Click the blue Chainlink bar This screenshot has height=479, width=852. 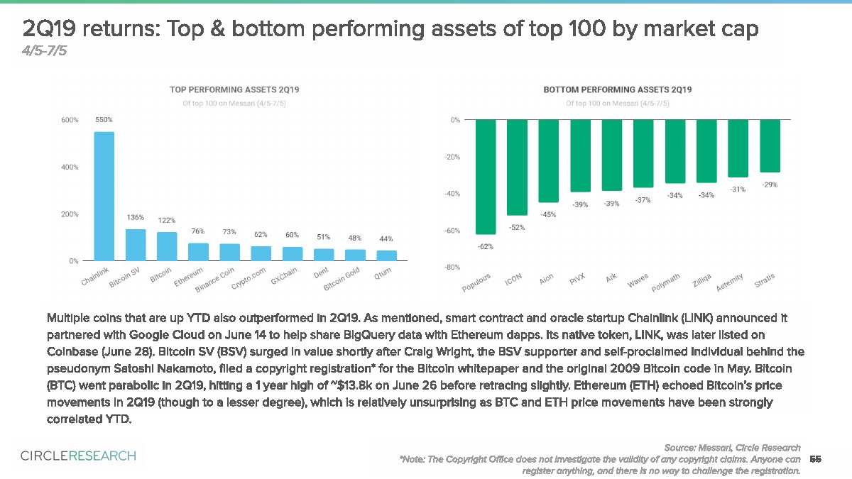coord(104,197)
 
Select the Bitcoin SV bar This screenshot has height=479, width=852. coord(136,245)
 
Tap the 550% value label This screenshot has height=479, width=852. coord(104,120)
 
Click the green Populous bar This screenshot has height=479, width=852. coord(486,177)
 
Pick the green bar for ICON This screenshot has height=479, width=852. coord(517,167)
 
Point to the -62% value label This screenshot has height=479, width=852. coord(486,246)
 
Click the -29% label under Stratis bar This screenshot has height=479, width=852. coord(770,185)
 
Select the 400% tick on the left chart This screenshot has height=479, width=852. coord(69,167)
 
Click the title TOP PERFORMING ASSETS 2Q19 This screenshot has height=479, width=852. coord(234,90)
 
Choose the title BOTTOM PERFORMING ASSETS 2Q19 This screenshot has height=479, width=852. coord(617,90)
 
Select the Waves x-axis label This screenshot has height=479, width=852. coord(637,282)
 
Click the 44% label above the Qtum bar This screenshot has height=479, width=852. coord(386,238)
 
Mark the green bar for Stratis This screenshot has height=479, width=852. coord(770,146)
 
